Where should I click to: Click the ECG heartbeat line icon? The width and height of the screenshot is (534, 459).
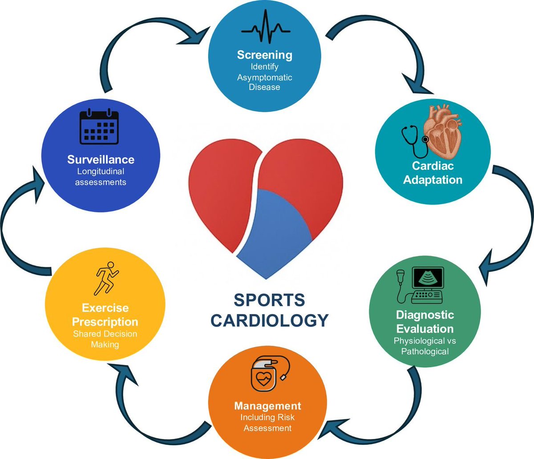(265, 28)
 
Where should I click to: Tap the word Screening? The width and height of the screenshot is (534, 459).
(265, 55)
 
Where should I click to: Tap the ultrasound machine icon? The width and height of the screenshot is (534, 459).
(421, 285)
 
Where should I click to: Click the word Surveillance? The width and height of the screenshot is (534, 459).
(101, 159)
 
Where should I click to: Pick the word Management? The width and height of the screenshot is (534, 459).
(267, 406)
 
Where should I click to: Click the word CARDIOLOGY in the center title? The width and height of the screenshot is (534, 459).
(270, 320)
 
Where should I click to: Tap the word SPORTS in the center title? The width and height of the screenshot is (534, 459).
(270, 300)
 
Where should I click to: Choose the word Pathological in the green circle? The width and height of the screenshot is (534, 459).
(425, 352)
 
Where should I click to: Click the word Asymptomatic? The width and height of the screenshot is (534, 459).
(265, 77)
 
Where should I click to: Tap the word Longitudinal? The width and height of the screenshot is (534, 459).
(101, 171)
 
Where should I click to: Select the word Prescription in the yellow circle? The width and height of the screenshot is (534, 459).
(105, 321)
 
